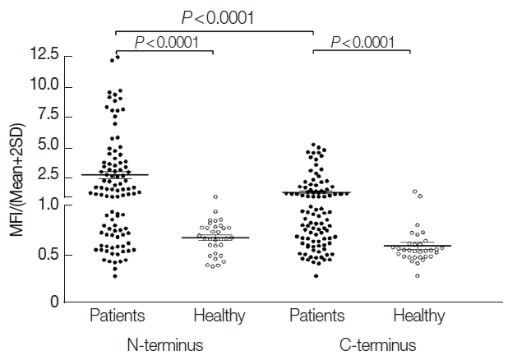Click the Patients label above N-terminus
pos(117,315)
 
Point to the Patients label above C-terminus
pos(316,315)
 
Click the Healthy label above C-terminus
pos(418,315)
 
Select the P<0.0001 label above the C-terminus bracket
pos(367,41)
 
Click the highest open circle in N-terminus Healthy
pos(215,197)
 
